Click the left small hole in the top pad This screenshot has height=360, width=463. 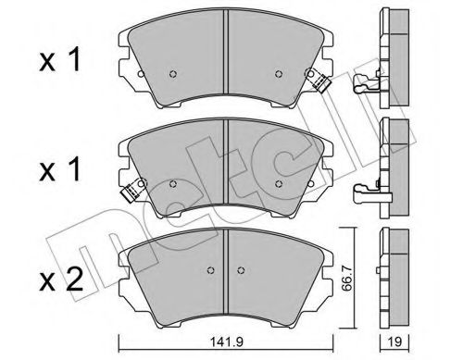click(173, 75)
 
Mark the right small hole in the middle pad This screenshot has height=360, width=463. click(279, 182)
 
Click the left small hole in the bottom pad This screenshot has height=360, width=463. click(212, 271)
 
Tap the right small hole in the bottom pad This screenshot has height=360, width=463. click(242, 271)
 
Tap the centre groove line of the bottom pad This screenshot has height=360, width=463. click(227, 264)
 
